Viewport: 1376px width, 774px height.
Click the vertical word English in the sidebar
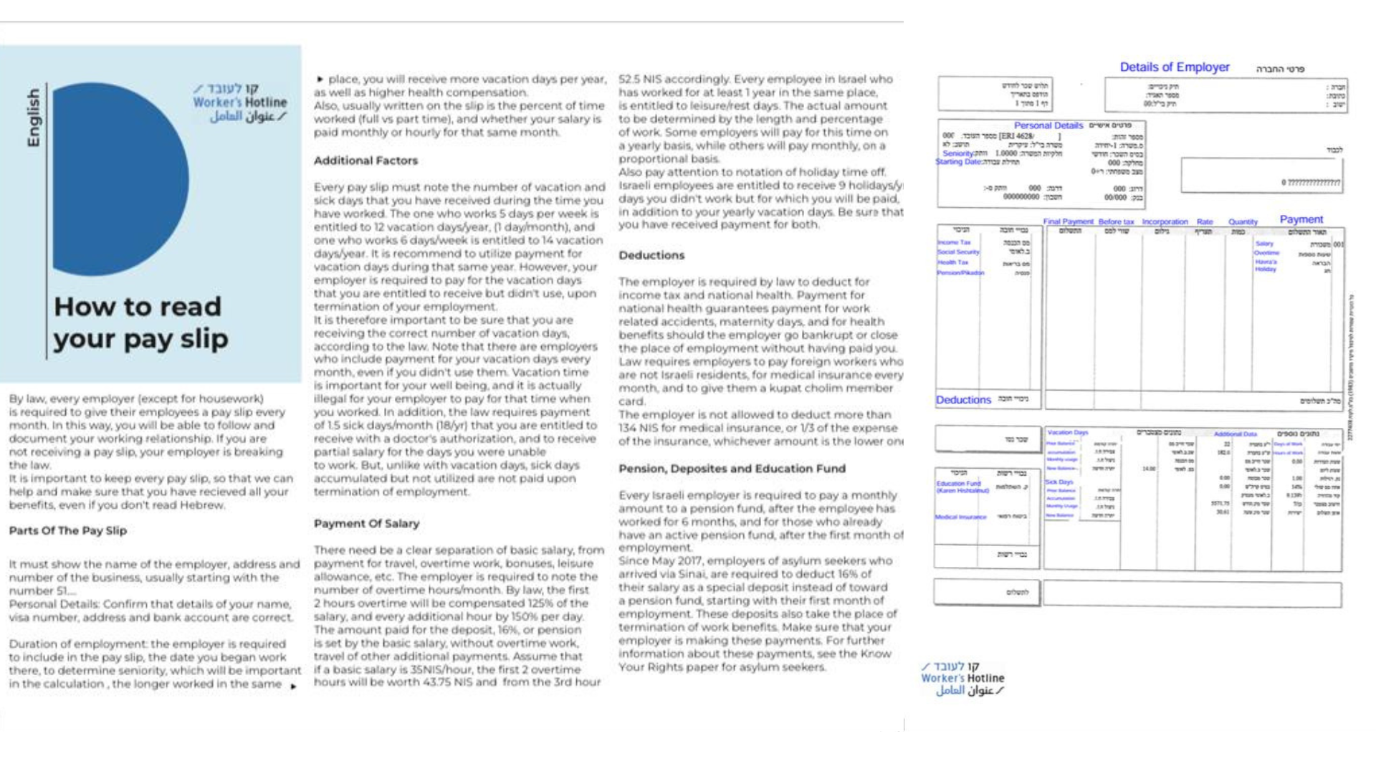(33, 118)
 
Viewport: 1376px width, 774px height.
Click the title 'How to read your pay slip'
(140, 322)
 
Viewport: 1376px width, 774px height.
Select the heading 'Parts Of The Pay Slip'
(67, 531)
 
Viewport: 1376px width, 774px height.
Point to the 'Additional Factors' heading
(365, 161)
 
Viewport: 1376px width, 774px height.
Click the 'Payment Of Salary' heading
(366, 524)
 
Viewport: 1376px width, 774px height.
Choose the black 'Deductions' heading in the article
(651, 255)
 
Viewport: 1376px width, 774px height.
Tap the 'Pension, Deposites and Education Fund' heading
(732, 469)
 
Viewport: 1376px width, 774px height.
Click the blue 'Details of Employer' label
(1174, 67)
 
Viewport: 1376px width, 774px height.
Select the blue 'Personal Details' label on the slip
(1048, 125)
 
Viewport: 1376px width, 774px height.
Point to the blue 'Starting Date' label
(958, 162)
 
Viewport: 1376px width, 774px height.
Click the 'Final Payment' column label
(1068, 222)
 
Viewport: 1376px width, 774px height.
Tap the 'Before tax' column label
(1116, 222)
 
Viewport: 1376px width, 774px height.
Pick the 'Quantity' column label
(1243, 222)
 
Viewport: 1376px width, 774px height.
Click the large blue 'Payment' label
(1301, 219)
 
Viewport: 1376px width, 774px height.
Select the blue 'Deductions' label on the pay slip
(963, 400)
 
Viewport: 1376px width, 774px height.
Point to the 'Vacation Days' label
(1067, 432)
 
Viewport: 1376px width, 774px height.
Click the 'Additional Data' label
(1235, 434)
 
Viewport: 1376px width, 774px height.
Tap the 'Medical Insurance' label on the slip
(960, 517)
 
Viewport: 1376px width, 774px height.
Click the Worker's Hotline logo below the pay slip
(962, 679)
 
